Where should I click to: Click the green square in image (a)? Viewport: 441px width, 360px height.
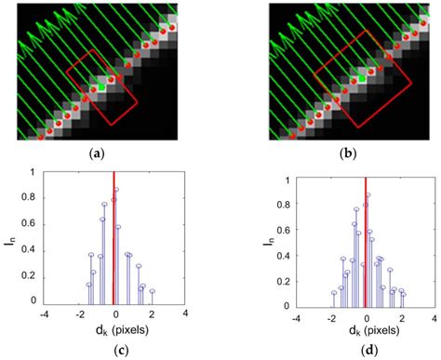100,87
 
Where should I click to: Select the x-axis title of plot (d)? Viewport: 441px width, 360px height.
367,329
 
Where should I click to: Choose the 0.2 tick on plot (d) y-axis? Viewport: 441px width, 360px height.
286,278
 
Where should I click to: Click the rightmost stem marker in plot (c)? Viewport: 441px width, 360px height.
152,291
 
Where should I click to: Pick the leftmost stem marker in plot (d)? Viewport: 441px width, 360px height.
333,294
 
